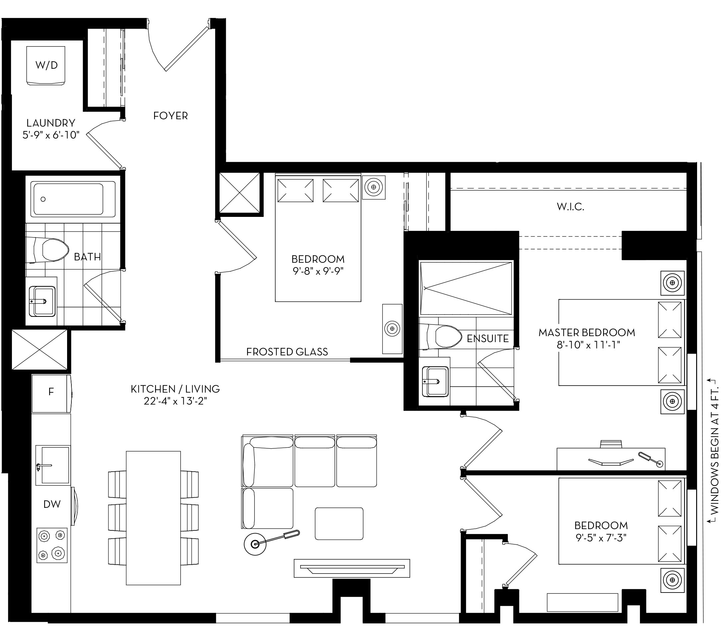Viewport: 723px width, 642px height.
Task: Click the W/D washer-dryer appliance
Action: [46, 65]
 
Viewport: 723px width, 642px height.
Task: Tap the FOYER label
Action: [170, 116]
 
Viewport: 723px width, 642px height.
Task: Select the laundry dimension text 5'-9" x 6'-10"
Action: [50, 135]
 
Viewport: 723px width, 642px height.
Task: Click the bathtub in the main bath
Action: [73, 199]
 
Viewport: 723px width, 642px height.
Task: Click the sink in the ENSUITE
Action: [435, 381]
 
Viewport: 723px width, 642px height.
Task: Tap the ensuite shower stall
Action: [466, 288]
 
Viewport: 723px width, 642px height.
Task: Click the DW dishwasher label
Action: [52, 504]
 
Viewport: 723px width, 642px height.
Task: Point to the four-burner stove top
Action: [52, 545]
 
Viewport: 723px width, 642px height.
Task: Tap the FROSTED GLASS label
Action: [287, 352]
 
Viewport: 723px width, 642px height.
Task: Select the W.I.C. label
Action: [570, 207]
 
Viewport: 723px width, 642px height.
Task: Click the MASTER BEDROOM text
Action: [587, 332]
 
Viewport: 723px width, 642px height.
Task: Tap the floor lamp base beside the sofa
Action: [255, 544]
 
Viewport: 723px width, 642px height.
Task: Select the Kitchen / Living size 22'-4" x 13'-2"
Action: [175, 401]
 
